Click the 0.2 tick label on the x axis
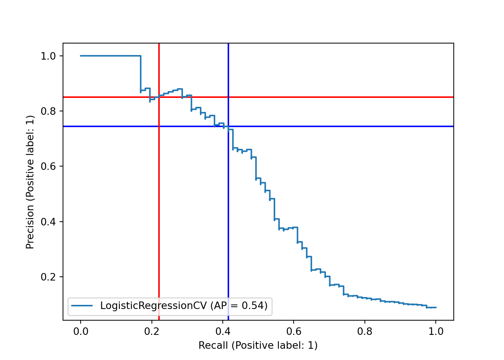click(151, 331)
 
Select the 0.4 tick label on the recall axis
click(223, 331)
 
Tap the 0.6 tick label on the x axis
click(294, 331)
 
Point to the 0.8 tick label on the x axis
click(365, 331)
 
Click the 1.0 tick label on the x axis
click(436, 331)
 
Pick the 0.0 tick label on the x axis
click(81, 331)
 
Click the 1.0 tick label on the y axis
click(48, 56)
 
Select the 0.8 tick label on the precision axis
click(48, 111)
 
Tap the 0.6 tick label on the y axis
click(48, 166)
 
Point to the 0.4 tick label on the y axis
click(48, 222)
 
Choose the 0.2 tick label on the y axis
click(48, 277)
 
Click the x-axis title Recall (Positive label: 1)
click(258, 346)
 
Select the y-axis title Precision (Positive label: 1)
click(30, 182)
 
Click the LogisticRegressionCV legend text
click(184, 306)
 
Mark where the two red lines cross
click(159, 97)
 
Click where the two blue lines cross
click(228, 126)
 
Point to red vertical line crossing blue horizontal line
click(159, 126)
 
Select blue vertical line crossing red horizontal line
click(228, 97)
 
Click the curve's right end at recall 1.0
click(436, 307)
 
